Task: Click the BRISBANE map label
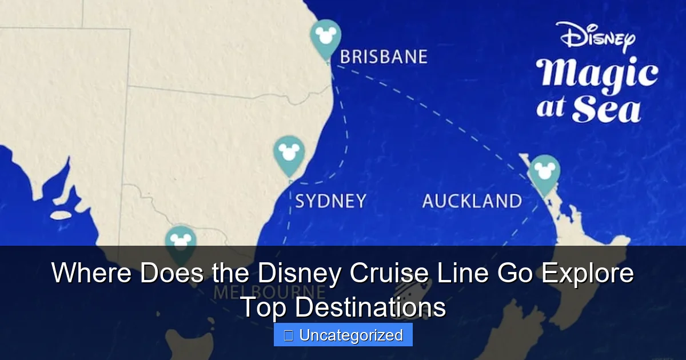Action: click(x=384, y=57)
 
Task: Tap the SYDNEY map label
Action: click(x=330, y=201)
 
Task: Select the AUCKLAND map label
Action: click(x=472, y=201)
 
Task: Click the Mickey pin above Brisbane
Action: click(x=325, y=37)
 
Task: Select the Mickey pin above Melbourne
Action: click(x=181, y=243)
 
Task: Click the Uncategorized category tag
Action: click(x=343, y=335)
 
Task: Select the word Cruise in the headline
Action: click(x=388, y=274)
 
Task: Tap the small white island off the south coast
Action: click(x=61, y=216)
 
